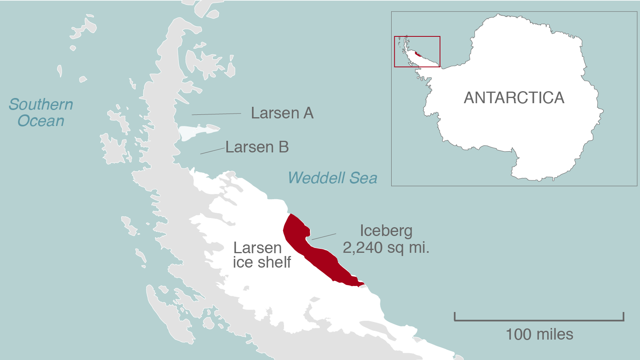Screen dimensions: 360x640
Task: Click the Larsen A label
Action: click(282, 113)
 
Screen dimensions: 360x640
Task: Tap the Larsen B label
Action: click(257, 147)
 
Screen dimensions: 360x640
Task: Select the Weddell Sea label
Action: click(332, 178)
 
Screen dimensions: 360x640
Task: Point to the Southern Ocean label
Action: click(41, 112)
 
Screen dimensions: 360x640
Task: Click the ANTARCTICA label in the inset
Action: click(514, 98)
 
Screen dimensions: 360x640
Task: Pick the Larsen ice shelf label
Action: click(262, 255)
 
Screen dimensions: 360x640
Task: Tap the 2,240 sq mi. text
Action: click(386, 248)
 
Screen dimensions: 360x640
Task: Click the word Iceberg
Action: click(386, 231)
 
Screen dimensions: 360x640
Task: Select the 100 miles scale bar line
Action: click(539, 320)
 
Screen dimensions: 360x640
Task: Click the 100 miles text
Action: click(539, 334)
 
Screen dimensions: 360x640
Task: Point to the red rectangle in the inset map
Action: click(417, 37)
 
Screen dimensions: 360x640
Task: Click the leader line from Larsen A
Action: click(216, 114)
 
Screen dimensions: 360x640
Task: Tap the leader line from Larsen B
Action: click(212, 151)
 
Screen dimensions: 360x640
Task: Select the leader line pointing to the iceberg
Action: click(324, 237)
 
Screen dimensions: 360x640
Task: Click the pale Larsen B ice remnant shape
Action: click(196, 131)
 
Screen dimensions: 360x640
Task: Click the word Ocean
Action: click(41, 121)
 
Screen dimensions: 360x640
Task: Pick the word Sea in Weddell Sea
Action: click(363, 178)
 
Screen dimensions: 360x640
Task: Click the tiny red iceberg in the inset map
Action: click(418, 54)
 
